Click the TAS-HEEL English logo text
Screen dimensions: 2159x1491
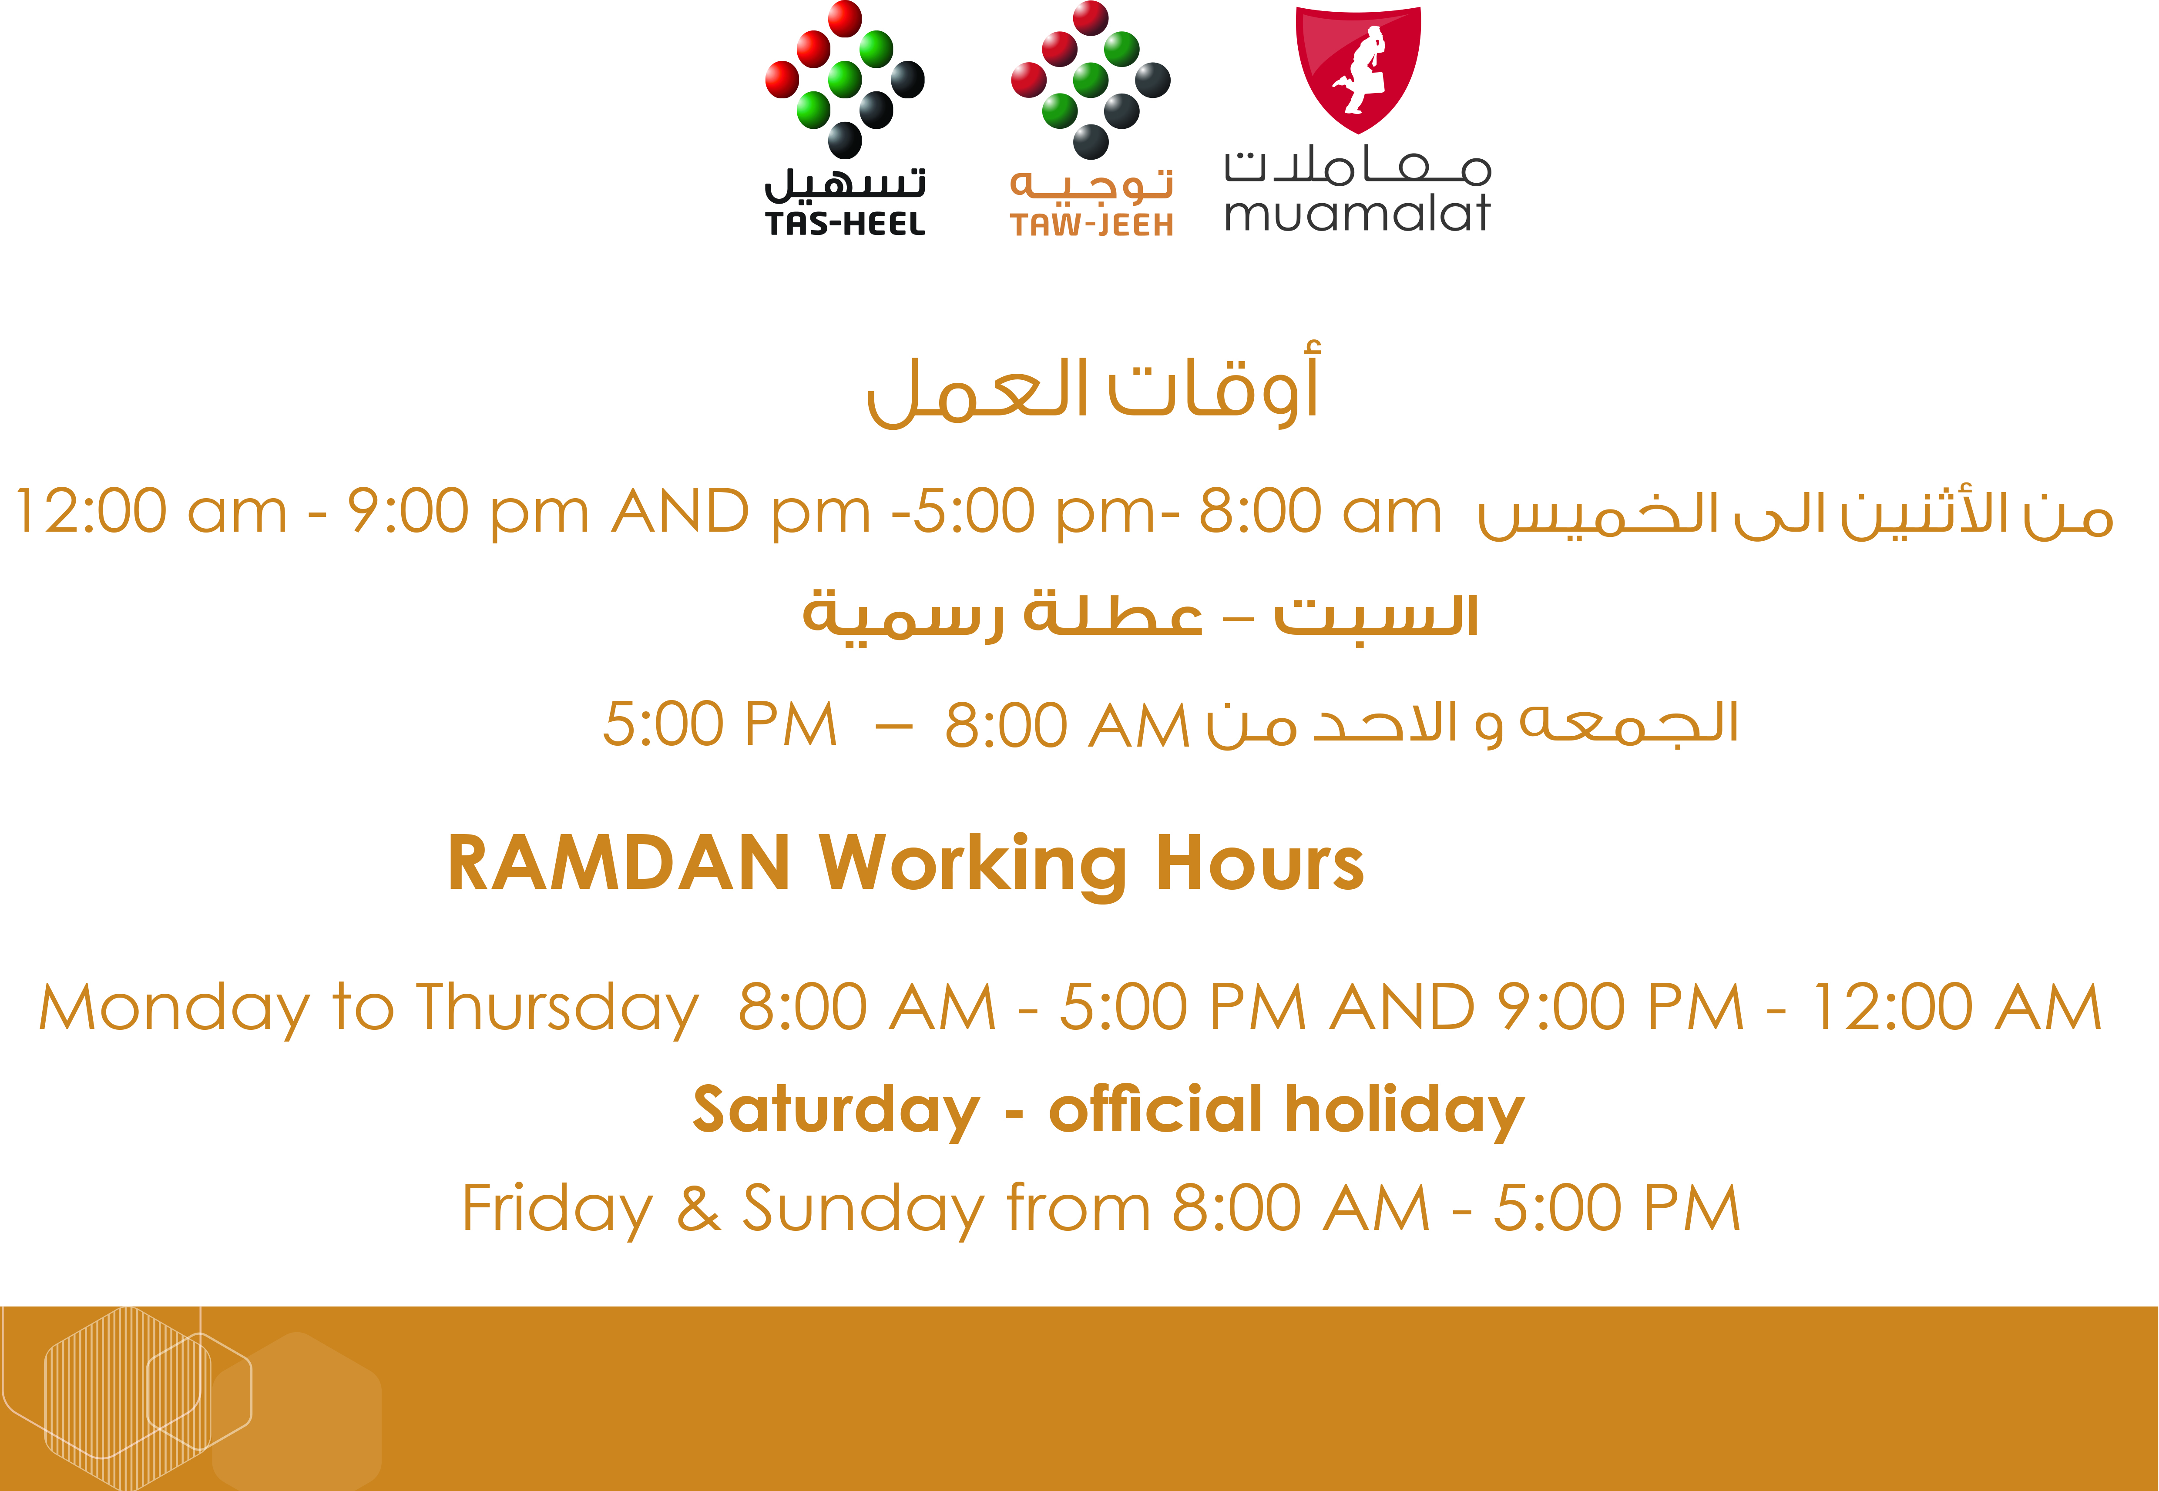(845, 224)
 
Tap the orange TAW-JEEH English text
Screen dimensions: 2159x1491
(1091, 225)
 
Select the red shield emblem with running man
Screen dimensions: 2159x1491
(1358, 70)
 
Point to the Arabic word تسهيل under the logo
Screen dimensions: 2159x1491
(845, 184)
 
